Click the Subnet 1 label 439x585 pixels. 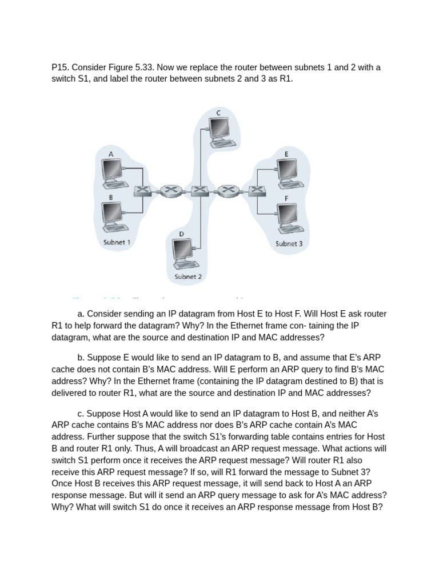[117, 242]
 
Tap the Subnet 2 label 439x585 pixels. [188, 277]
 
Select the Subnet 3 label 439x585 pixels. [289, 243]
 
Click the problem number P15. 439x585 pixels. [60, 67]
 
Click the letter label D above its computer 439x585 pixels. [181, 234]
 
